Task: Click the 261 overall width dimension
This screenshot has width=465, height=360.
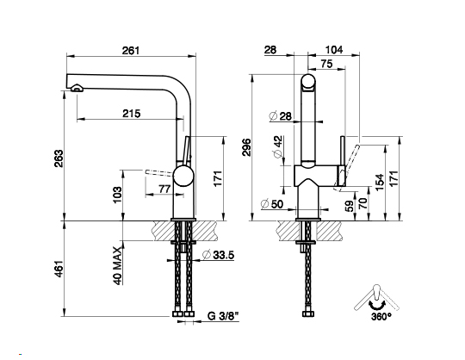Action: point(131,51)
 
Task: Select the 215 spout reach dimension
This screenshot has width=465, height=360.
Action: point(132,114)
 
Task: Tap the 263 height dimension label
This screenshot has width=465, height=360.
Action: point(59,158)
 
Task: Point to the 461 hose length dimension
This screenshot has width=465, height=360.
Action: point(59,269)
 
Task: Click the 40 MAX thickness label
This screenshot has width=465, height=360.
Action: point(118,265)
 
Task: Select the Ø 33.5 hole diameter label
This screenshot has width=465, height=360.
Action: point(218,254)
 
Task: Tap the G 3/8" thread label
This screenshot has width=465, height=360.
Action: point(223,316)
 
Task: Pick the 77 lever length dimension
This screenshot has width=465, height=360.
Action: point(164,189)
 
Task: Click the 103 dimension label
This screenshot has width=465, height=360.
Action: point(117,195)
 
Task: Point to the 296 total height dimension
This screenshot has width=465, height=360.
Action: point(247,147)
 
